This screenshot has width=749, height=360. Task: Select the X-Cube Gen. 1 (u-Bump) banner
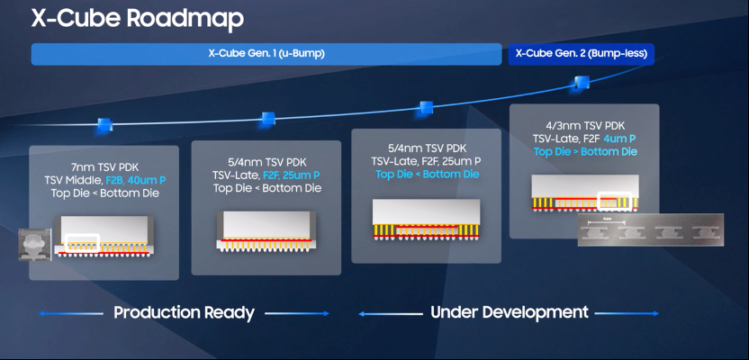[x=266, y=54]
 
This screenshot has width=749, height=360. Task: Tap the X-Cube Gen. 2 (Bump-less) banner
[x=582, y=54]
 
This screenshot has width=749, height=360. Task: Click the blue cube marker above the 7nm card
[x=104, y=125]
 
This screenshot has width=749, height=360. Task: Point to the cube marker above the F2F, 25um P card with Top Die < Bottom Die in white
[x=267, y=119]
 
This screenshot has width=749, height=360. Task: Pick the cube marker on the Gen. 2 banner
[x=582, y=83]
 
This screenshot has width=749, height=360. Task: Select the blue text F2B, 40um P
[x=142, y=179]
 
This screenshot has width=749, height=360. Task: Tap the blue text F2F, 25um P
[x=291, y=175]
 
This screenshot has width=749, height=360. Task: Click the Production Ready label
[x=184, y=313]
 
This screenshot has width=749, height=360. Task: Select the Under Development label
[x=510, y=313]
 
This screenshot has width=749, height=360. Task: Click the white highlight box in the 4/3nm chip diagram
[x=617, y=199]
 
